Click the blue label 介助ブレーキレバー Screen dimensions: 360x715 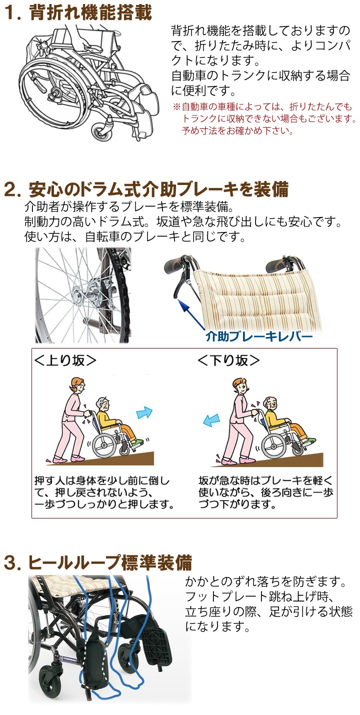[x=259, y=336]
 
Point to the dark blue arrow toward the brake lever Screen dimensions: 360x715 [x=191, y=314]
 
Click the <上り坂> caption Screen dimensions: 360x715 [x=65, y=360]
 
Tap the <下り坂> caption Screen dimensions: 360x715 [x=228, y=360]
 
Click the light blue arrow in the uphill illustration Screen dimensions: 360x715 [x=144, y=412]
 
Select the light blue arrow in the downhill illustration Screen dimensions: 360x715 [x=211, y=420]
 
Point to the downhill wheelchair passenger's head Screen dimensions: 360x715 [x=271, y=404]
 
